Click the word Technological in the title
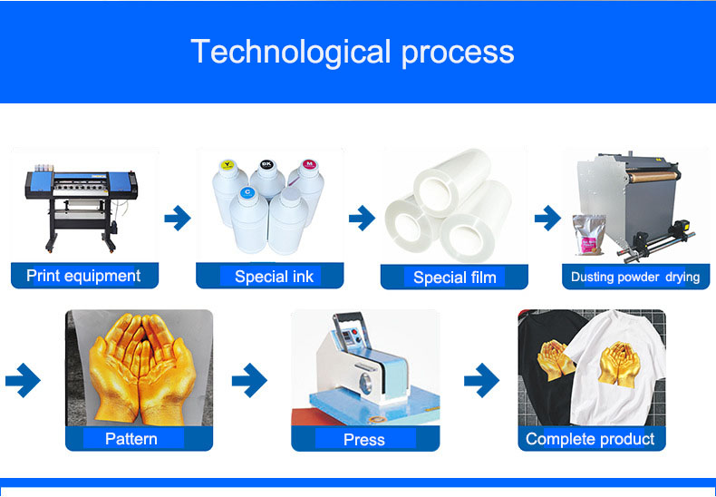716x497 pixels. [290, 52]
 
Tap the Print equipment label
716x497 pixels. [83, 276]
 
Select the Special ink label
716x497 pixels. [274, 277]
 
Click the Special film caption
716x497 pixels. [455, 278]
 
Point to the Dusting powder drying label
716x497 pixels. [635, 278]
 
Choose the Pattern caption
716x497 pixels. [131, 439]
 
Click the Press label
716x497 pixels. [364, 440]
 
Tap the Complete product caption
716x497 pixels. [590, 439]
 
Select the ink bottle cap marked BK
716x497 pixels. [266, 165]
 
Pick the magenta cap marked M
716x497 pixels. [309, 164]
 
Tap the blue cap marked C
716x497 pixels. [247, 193]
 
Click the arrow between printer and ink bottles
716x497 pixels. [178, 218]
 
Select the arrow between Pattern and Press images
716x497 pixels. [249, 380]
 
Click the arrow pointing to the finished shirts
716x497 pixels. [481, 380]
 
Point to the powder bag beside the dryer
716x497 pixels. [589, 234]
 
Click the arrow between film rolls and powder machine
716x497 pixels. [548, 218]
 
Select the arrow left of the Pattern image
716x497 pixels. [23, 380]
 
